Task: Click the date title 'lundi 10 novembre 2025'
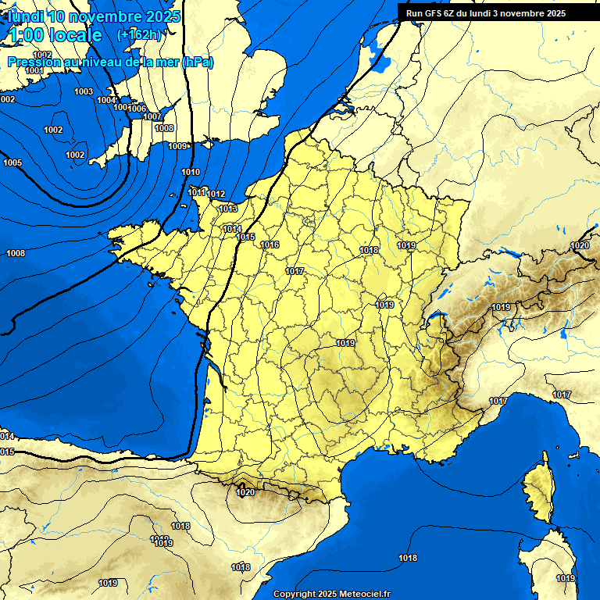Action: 94,16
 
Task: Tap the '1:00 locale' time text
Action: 55,35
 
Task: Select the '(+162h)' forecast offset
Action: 138,35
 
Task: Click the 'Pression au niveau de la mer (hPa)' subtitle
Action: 110,62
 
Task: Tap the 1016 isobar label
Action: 270,245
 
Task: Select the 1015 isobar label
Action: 246,237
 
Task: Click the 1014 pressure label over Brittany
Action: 232,229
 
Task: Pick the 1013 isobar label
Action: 228,209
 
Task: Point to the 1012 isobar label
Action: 216,194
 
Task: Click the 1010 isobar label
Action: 190,172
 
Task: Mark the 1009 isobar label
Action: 178,146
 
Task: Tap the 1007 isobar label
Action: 152,116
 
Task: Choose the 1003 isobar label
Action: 84,91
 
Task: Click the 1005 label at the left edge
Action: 12,162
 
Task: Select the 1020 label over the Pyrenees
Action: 245,492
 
